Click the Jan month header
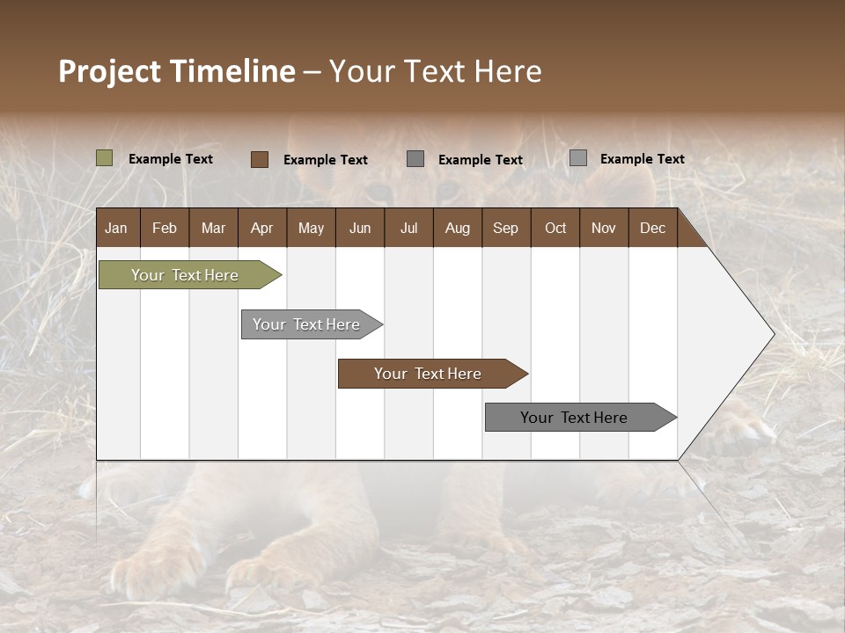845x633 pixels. point(116,229)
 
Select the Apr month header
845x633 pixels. point(261,229)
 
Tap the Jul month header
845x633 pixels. point(408,229)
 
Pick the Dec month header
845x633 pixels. point(652,229)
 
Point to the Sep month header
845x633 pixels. point(505,229)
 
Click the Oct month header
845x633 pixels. point(555,229)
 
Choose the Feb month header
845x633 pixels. point(165,229)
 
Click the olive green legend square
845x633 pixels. point(105,158)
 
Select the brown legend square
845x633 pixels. point(260,159)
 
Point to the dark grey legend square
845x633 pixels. point(415,159)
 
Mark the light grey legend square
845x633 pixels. point(578,158)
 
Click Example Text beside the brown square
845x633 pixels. point(326,160)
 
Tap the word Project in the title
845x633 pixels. point(110,71)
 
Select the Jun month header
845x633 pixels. point(360,229)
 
